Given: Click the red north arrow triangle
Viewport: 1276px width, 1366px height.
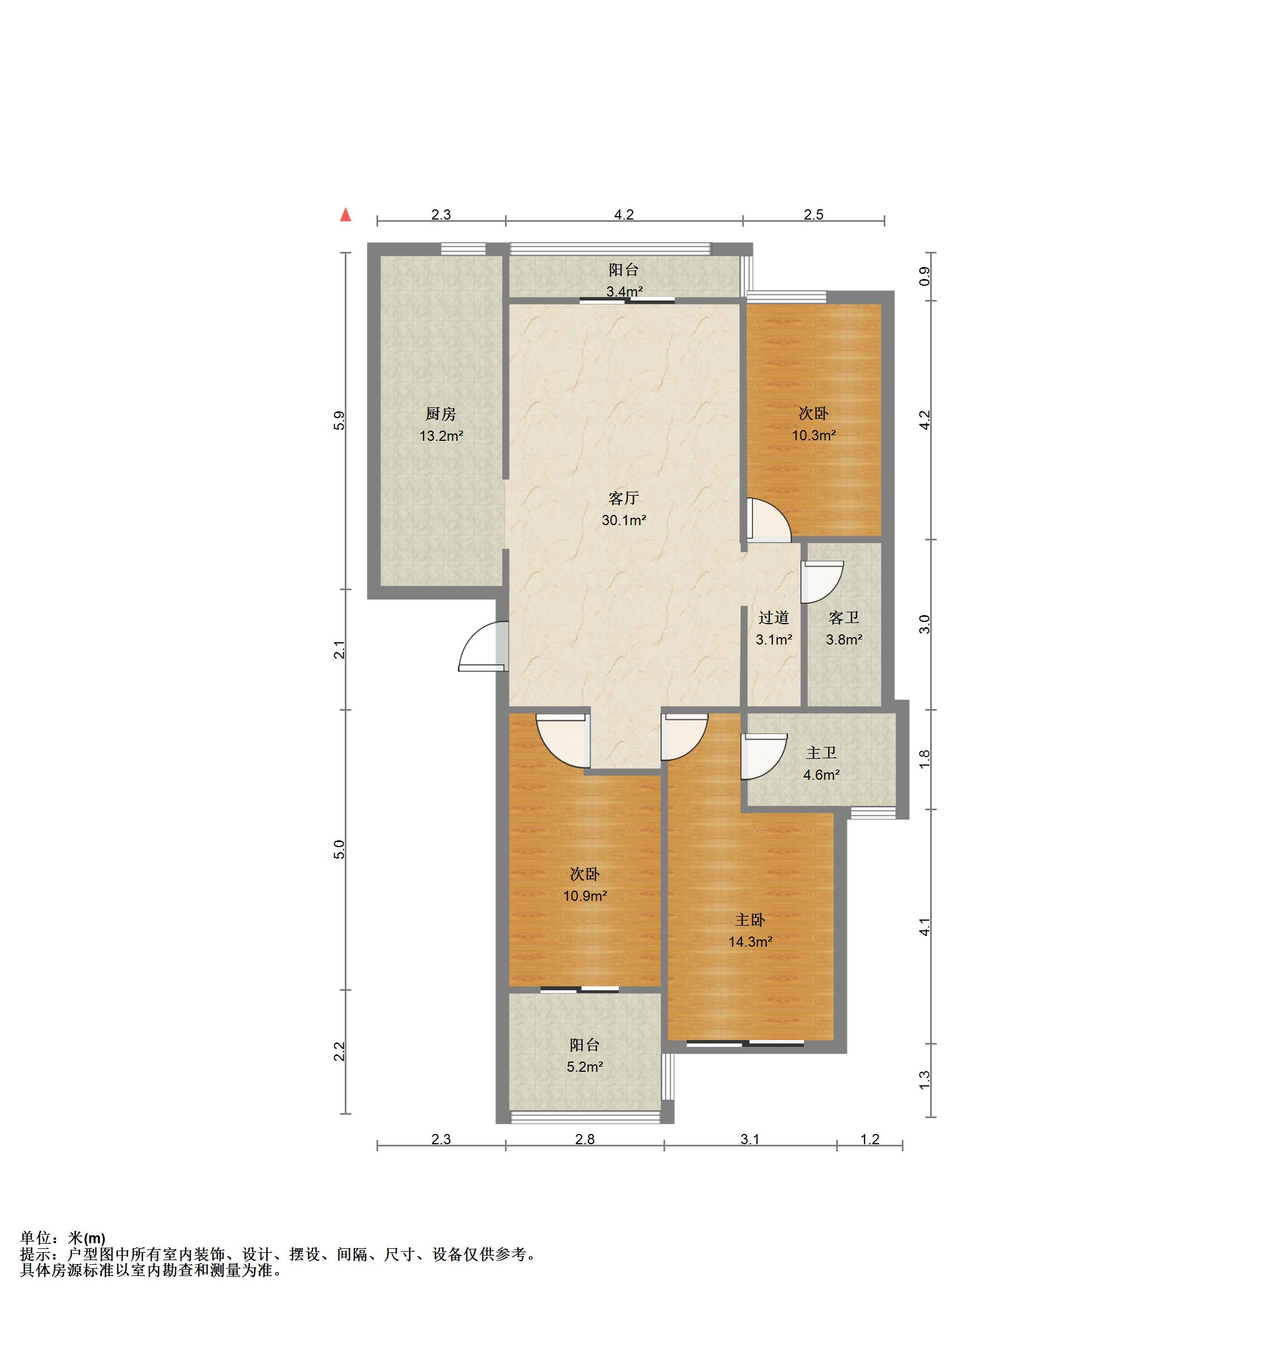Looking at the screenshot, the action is click(x=346, y=215).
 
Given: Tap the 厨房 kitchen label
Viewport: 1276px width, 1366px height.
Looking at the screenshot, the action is click(x=440, y=414).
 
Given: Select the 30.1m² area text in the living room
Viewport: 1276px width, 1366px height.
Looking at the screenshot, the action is click(x=623, y=520).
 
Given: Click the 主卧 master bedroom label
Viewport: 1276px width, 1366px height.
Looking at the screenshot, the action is click(x=750, y=920).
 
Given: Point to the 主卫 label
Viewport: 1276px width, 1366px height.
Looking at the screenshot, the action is click(x=821, y=753).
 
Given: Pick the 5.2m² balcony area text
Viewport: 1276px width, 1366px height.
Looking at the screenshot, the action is click(x=584, y=1067).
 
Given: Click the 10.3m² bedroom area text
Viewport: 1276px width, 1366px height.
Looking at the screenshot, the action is click(x=814, y=435).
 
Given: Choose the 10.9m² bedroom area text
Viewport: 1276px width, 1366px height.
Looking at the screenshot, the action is click(x=585, y=896).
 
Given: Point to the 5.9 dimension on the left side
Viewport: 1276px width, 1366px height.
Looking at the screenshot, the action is click(x=339, y=420).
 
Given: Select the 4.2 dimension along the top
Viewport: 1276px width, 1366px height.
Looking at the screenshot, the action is click(x=623, y=214).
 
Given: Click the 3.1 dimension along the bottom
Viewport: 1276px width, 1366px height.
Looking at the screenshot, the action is click(x=750, y=1139).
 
